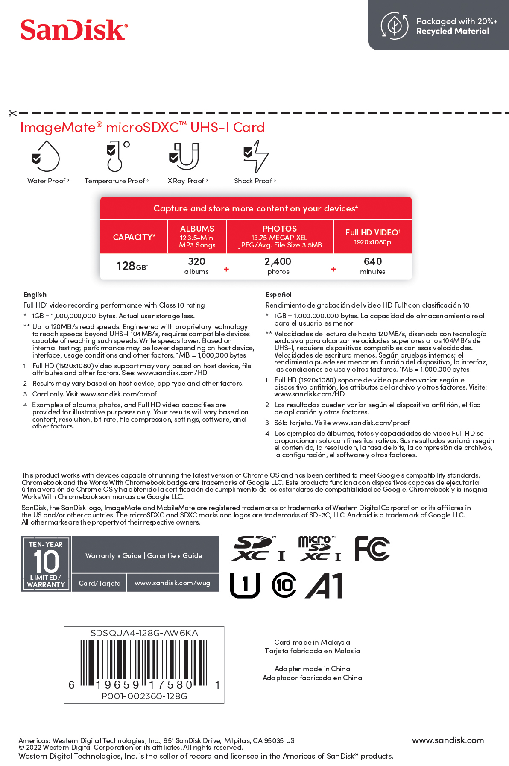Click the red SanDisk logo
coord(74,30)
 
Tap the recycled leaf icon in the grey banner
coord(394,26)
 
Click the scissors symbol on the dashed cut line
coord(12,113)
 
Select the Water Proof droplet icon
coord(46,156)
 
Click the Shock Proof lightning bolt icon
coord(256,156)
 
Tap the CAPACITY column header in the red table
coord(134,237)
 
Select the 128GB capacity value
coord(132,266)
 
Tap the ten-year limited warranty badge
coord(46,563)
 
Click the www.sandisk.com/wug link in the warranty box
coord(172,583)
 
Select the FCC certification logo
coord(372,549)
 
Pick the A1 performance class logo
coord(325,586)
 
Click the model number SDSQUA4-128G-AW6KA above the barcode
coord(144,633)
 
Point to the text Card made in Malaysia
coord(312,642)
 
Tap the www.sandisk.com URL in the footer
coord(448,740)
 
